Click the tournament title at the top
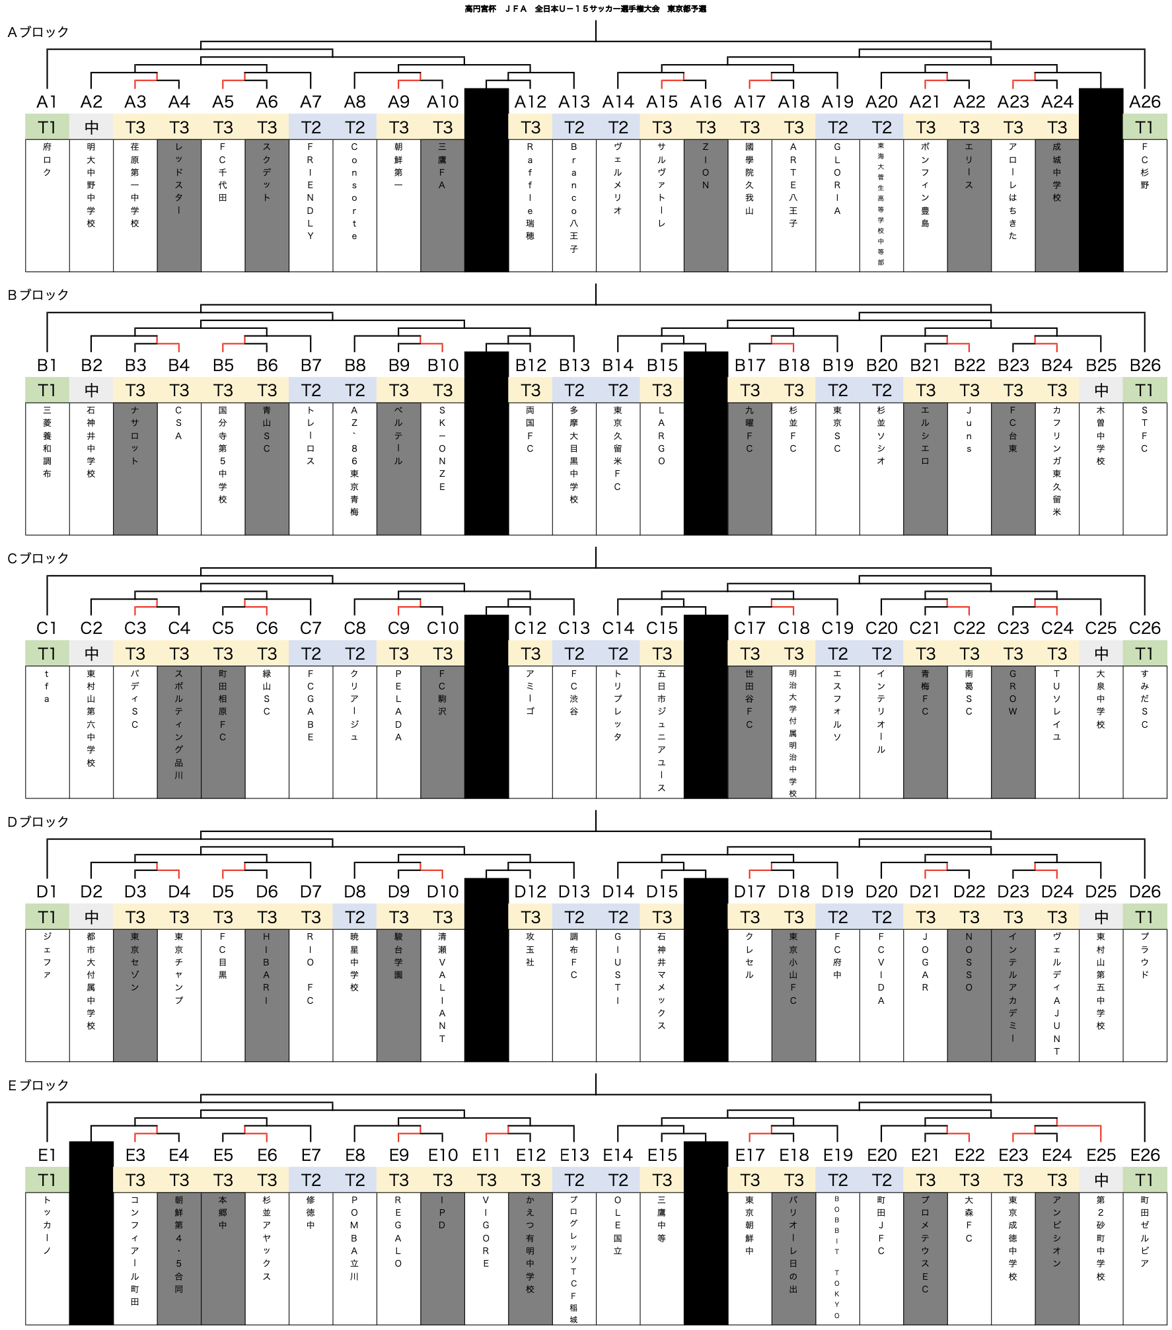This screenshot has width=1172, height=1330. (585, 9)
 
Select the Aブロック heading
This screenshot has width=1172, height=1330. (38, 32)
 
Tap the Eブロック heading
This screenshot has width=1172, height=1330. (38, 1085)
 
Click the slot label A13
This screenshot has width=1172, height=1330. (574, 102)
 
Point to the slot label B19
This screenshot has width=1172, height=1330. (838, 365)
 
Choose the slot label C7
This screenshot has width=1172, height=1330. (311, 628)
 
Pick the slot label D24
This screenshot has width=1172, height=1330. (1057, 892)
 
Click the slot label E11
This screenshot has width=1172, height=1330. (486, 1155)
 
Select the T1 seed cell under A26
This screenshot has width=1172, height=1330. (1145, 127)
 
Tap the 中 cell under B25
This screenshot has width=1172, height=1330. (1101, 390)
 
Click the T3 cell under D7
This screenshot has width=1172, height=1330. (311, 917)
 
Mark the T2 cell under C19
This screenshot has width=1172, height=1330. (838, 654)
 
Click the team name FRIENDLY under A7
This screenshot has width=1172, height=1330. (311, 191)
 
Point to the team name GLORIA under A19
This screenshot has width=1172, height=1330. (837, 178)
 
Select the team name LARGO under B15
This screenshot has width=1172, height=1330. (661, 435)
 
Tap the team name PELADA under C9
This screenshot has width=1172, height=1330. (398, 705)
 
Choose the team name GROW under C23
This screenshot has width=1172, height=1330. (1013, 692)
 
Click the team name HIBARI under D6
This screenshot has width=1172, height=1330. (266, 968)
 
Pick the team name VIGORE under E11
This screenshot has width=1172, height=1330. (486, 1232)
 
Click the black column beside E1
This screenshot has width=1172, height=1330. (91, 1232)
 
